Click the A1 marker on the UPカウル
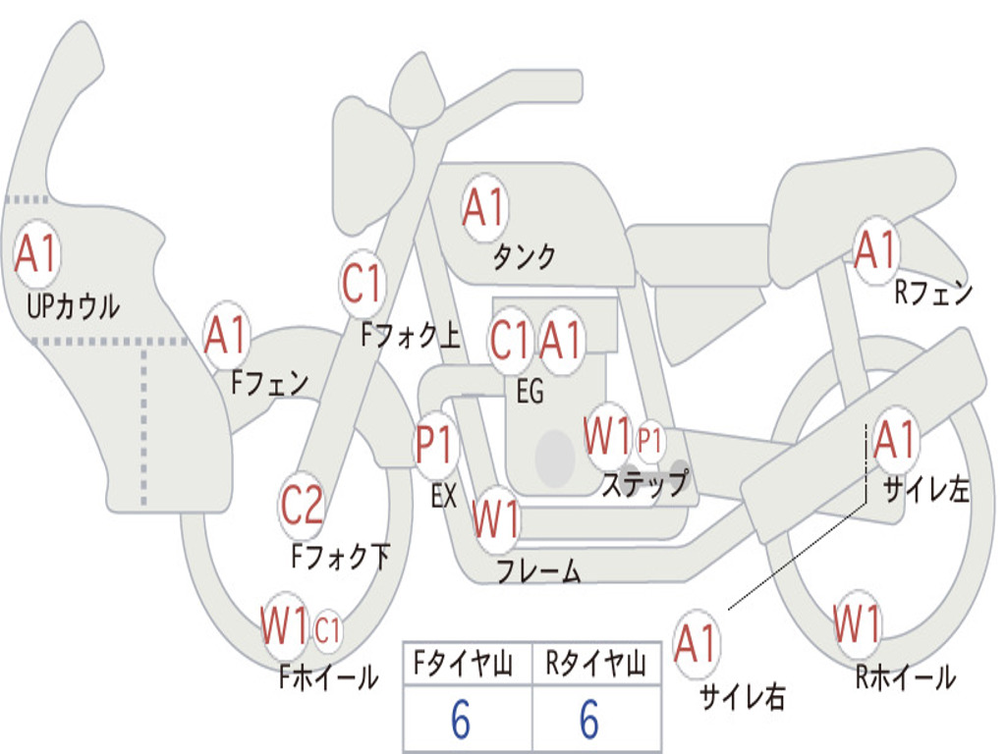tap(36, 254)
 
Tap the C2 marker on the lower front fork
tap(302, 506)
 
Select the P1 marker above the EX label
tap(436, 445)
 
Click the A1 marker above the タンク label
tap(484, 208)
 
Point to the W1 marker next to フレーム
tap(495, 518)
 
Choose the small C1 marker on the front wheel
tap(327, 629)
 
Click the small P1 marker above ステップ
tap(649, 441)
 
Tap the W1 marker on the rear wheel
tap(857, 623)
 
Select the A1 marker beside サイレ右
tap(697, 643)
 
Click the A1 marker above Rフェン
tap(875, 250)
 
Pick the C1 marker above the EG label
tap(511, 340)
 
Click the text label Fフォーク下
tap(340, 556)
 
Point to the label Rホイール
tap(905, 676)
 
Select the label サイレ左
tap(925, 489)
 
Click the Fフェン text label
tap(269, 383)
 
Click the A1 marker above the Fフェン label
tap(226, 335)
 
